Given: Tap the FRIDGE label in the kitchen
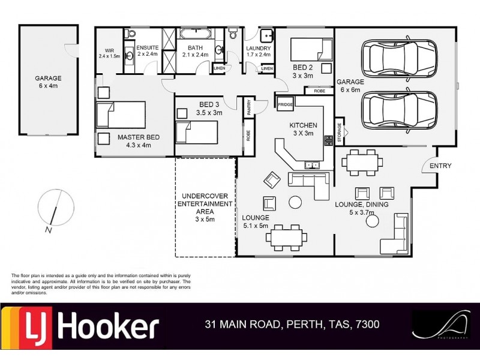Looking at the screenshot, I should tap(285, 105).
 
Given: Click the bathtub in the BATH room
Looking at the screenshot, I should tap(194, 34).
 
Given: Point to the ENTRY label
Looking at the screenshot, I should tap(441, 166).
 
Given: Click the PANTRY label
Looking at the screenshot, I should tap(248, 107).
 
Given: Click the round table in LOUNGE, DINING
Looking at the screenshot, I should tap(373, 221).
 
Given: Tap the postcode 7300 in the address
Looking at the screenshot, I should tap(367, 325).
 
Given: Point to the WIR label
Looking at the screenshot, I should tap(109, 51).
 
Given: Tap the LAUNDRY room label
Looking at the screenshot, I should tap(259, 49).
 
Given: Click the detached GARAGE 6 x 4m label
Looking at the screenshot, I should tap(47, 82).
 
